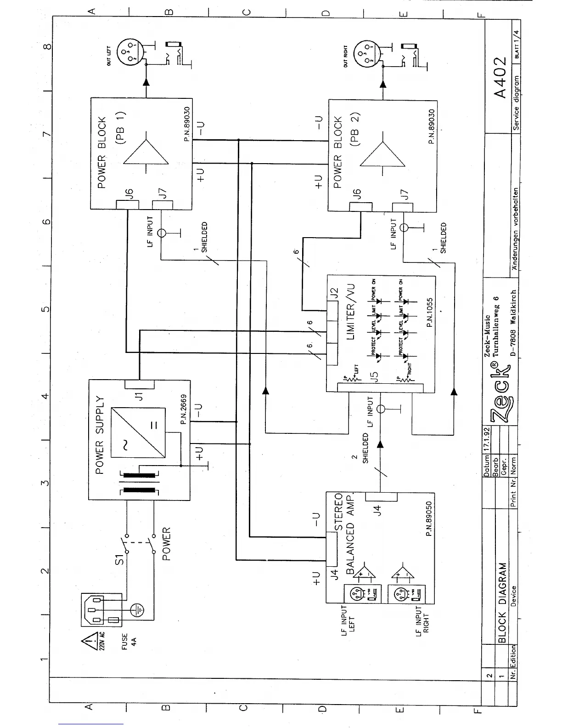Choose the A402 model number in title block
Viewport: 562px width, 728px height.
[x=500, y=77]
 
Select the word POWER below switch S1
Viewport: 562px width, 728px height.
[x=166, y=544]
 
